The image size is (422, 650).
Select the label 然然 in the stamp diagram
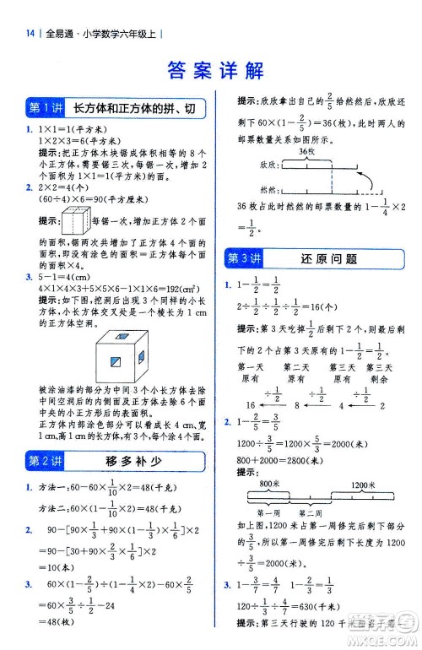tap(246, 191)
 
